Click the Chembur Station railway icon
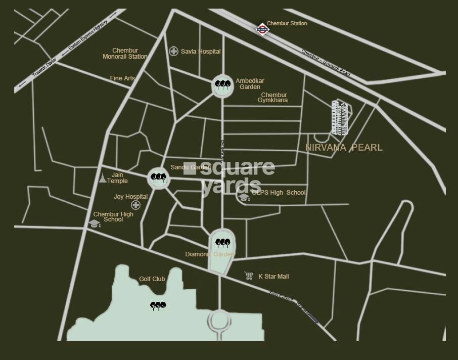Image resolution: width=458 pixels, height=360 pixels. [262, 29]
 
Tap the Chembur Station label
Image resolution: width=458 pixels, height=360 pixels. [287, 23]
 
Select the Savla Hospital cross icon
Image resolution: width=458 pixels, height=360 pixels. [173, 51]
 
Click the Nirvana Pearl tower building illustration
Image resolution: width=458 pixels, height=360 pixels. [340, 117]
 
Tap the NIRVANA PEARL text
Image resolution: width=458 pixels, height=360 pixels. [344, 148]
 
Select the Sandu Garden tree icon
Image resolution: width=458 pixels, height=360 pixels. [159, 177]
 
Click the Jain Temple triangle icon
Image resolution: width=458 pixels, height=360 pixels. [103, 178]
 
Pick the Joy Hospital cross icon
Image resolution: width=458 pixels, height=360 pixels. [135, 205]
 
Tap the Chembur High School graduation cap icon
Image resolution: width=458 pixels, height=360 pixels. [95, 223]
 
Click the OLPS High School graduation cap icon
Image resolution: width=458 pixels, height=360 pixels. [244, 197]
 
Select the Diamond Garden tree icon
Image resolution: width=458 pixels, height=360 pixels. [222, 243]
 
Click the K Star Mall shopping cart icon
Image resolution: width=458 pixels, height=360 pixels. [249, 276]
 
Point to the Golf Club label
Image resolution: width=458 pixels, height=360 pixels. [152, 279]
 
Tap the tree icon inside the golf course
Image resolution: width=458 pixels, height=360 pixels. [158, 305]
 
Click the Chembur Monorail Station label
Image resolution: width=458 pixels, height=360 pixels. [125, 54]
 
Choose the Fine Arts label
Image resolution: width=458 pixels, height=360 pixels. [122, 78]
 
